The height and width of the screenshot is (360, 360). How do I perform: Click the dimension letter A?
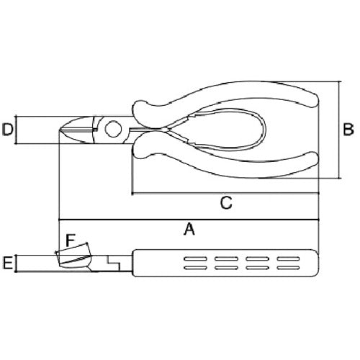(189, 229)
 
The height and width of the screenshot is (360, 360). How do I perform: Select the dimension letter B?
(348, 130)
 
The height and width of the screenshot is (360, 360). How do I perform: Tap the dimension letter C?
(226, 203)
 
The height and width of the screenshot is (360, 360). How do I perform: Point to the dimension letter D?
(8, 130)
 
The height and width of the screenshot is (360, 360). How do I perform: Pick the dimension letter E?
(7, 263)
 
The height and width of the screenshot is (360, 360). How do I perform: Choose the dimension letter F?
(71, 240)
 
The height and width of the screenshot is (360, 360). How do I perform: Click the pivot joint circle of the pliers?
(113, 130)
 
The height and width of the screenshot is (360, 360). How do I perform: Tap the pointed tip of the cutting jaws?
(60, 130)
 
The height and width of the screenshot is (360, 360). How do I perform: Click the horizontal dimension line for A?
(189, 220)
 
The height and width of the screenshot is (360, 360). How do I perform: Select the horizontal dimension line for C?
(225, 193)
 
